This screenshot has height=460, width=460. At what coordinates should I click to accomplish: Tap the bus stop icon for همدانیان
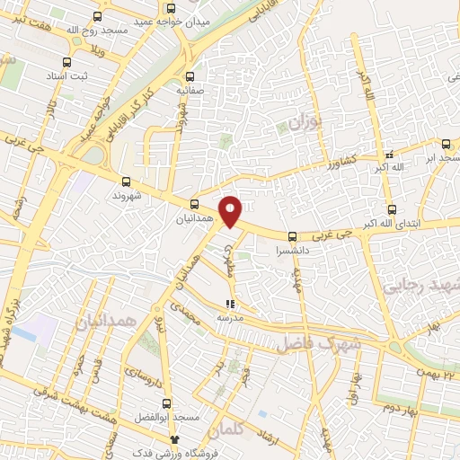[x=195, y=204]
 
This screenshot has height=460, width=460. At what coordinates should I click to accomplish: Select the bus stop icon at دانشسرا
[x=290, y=236]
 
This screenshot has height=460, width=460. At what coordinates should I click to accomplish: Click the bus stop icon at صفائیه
[x=189, y=76]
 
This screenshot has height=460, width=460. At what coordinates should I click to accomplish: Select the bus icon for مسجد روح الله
[x=97, y=15]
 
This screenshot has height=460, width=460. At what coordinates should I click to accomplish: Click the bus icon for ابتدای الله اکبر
[x=389, y=205]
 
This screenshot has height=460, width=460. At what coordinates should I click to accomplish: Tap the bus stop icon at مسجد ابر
[x=446, y=143]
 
